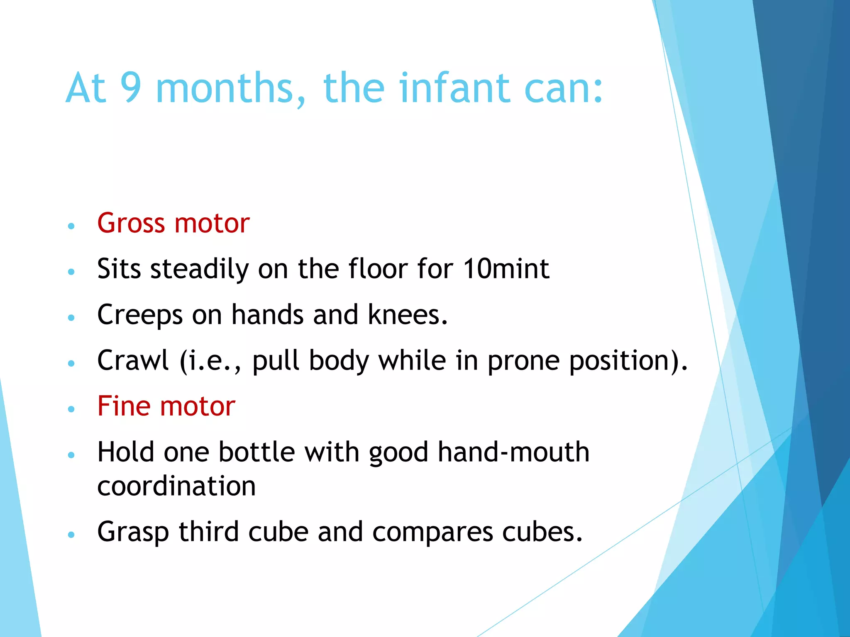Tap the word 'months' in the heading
(x=230, y=88)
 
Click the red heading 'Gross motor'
(x=173, y=223)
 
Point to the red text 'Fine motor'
(x=166, y=406)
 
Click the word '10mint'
(x=506, y=269)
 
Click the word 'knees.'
(x=408, y=314)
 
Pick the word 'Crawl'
(x=133, y=360)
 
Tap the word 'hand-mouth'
(x=513, y=452)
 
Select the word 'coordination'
(x=176, y=486)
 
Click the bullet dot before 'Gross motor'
(x=71, y=226)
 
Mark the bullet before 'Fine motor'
(x=71, y=409)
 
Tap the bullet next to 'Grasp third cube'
(x=71, y=535)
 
